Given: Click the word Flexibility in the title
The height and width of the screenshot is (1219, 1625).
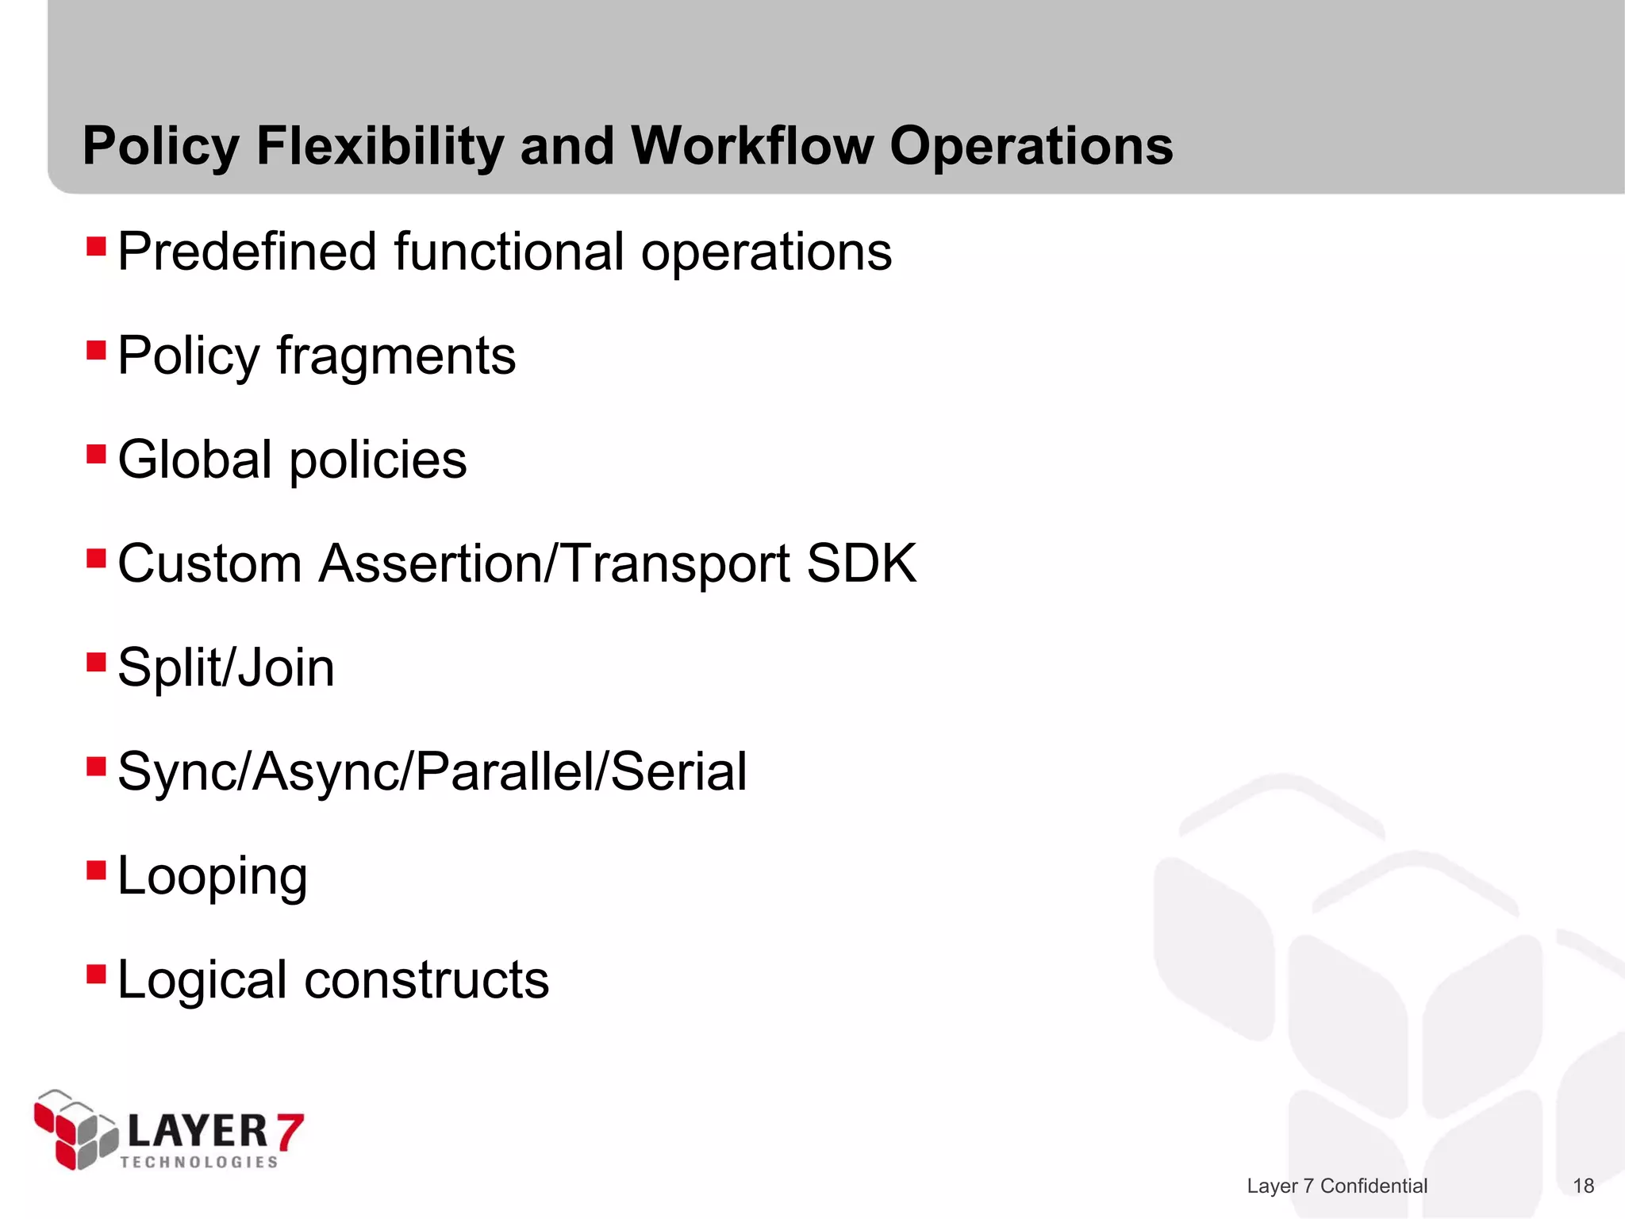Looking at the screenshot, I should click(x=379, y=147).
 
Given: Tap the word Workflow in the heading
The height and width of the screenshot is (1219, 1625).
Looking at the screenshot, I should click(x=751, y=147).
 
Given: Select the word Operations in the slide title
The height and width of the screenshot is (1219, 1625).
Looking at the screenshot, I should click(x=1031, y=147).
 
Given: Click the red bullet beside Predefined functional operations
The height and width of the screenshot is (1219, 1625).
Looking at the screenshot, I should click(x=96, y=247).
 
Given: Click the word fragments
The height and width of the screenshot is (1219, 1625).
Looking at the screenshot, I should click(x=396, y=356).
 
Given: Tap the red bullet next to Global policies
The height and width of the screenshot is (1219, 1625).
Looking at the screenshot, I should click(x=96, y=455).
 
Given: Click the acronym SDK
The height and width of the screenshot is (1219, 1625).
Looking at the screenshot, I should click(x=862, y=563).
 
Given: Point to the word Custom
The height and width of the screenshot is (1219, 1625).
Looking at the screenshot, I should click(x=209, y=563).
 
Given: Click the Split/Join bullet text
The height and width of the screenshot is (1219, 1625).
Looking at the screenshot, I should click(x=226, y=667).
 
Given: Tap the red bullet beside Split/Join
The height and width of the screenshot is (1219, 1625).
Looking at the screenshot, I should click(x=96, y=663).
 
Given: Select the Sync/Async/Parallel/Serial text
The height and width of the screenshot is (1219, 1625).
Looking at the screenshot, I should click(x=432, y=771).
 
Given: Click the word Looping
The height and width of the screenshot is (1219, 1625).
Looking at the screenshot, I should click(x=212, y=877).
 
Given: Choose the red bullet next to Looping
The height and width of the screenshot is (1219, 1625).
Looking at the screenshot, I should click(x=96, y=871).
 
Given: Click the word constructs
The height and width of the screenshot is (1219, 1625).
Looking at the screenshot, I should click(x=427, y=979).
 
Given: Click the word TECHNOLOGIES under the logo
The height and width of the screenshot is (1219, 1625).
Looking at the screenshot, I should click(x=199, y=1162).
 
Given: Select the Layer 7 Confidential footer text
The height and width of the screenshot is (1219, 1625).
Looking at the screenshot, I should click(x=1337, y=1186).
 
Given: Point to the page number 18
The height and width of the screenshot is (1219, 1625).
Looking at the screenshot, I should click(x=1583, y=1186).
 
